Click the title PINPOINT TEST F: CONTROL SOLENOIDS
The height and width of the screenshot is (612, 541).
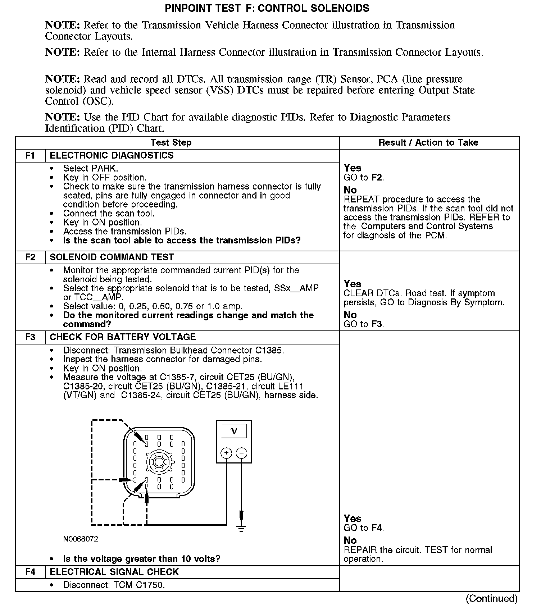267,8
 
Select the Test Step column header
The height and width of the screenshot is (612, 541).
171,143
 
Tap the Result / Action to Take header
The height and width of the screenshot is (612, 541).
428,143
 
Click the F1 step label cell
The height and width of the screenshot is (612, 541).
31,156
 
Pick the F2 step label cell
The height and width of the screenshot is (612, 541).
31,257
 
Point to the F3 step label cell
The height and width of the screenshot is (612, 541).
31,337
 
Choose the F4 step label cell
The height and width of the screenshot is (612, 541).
31,572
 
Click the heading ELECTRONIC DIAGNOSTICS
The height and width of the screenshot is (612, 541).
112,156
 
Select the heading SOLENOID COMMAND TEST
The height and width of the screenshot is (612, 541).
112,257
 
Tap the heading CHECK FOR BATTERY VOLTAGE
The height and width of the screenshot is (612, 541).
123,337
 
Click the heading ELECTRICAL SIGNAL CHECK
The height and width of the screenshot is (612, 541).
114,572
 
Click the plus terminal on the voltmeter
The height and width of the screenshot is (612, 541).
226,453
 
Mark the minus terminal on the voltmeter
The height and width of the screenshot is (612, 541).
242,453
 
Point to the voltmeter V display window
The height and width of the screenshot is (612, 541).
234,431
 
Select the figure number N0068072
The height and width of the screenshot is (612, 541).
81,539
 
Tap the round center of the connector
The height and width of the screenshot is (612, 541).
159,462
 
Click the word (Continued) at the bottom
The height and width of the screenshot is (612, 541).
491,599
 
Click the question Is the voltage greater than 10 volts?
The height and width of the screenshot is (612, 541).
142,559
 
